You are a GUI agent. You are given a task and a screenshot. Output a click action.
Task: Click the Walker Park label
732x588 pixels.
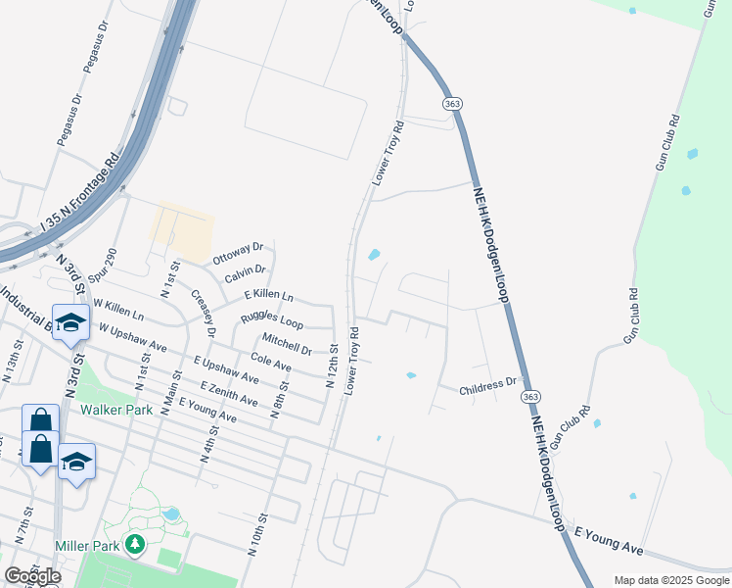(x=116, y=410)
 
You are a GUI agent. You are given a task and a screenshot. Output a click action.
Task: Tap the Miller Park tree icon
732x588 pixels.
(x=136, y=543)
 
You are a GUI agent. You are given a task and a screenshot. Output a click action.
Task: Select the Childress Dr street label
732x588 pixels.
(x=487, y=386)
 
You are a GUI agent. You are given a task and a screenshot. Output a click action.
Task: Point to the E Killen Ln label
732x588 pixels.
(x=268, y=294)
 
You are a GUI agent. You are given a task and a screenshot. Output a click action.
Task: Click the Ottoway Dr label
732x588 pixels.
(x=238, y=253)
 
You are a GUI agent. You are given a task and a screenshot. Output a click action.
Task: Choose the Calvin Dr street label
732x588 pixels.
(x=245, y=274)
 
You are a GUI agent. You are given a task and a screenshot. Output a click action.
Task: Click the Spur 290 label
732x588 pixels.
(x=102, y=267)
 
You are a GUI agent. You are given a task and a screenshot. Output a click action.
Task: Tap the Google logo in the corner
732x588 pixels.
(x=32, y=576)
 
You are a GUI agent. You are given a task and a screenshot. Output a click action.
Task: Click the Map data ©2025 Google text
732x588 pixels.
(x=670, y=580)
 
